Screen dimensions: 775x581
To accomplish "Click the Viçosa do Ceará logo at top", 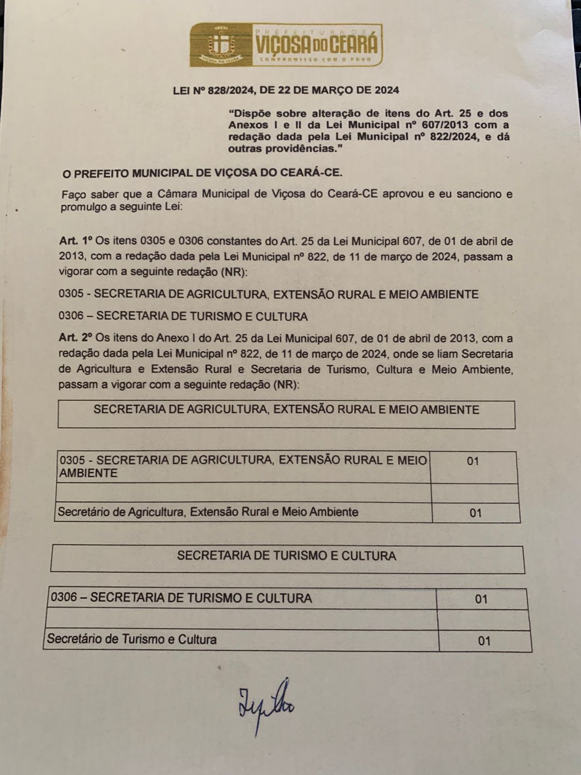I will [x=286, y=45].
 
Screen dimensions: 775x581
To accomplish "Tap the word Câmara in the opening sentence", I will [x=178, y=194].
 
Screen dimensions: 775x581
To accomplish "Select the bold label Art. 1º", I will [x=76, y=241].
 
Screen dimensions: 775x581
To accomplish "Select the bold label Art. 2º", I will [x=76, y=338].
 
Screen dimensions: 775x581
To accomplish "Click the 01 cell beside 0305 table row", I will [x=473, y=461].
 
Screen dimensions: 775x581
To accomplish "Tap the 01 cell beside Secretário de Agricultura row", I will [x=475, y=512].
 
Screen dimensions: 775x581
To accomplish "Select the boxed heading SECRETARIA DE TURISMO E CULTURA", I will [x=287, y=556].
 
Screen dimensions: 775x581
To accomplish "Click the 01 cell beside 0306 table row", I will [x=481, y=599].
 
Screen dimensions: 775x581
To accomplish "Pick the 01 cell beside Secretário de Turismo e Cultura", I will [x=484, y=641].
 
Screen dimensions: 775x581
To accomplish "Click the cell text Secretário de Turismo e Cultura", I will [x=132, y=639].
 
